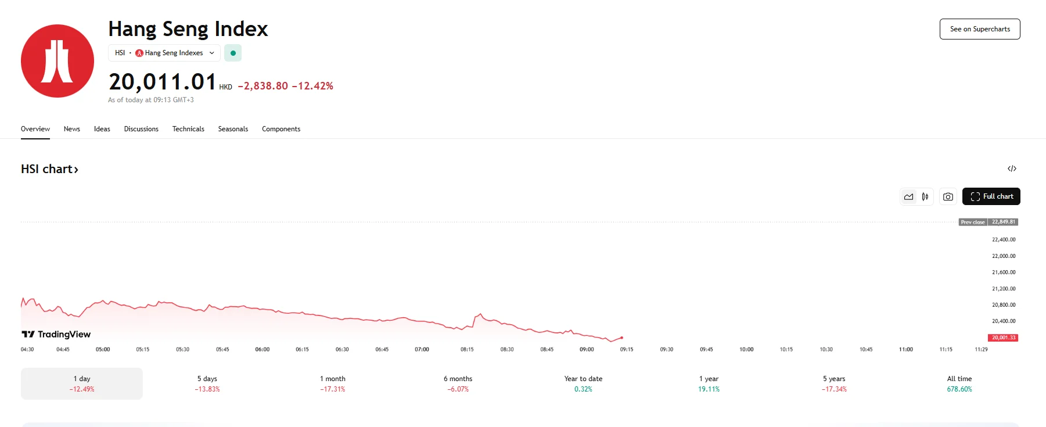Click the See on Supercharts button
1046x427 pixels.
tap(980, 29)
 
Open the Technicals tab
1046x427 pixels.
tap(188, 129)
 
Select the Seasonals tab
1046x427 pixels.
tap(233, 129)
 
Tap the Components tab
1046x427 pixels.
tap(281, 129)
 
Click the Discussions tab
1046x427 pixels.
tap(141, 129)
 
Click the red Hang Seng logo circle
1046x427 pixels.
tap(57, 61)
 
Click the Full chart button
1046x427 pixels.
tap(991, 196)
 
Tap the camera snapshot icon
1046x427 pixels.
tap(948, 197)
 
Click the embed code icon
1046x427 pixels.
tap(1012, 168)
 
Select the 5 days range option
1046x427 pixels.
tap(207, 383)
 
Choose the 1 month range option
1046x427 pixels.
tap(333, 383)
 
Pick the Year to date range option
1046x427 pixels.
tap(583, 383)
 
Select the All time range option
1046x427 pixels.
tap(959, 383)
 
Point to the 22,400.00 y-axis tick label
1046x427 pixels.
tap(1004, 239)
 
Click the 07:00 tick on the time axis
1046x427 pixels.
tap(422, 349)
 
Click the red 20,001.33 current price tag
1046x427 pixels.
tap(1003, 338)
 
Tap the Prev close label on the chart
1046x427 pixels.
tap(973, 222)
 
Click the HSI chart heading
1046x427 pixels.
tap(49, 169)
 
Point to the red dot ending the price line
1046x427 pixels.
tap(621, 338)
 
